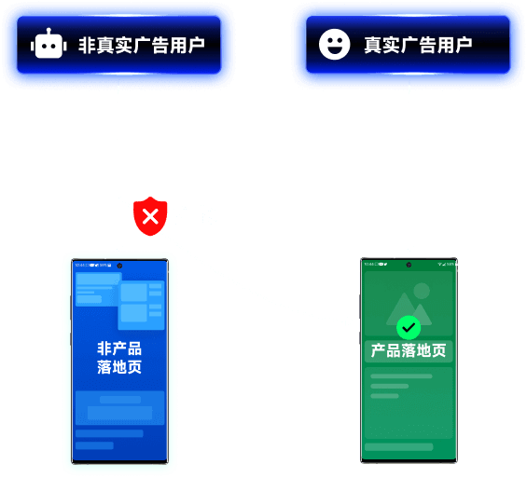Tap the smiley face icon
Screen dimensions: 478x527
point(334,45)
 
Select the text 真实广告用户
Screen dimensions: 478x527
point(417,45)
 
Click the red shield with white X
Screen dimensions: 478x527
point(149,216)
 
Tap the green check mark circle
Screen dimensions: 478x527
point(409,327)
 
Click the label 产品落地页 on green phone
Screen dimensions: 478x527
point(409,351)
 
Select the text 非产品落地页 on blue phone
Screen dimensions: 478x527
point(119,358)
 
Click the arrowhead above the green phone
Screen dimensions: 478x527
point(409,250)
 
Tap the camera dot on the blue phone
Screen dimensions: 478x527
point(119,265)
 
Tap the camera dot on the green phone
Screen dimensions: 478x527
point(409,265)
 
